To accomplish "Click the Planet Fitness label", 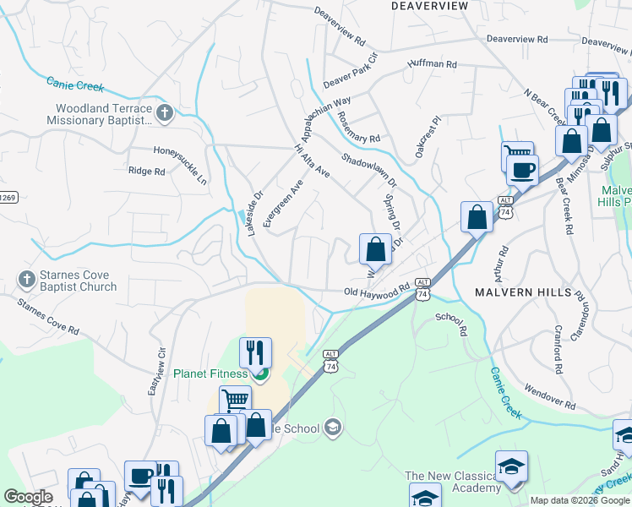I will coord(210,373).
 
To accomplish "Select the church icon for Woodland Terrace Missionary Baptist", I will coord(166,112).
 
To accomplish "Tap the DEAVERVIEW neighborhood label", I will coord(429,6).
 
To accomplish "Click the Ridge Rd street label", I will coord(145,171).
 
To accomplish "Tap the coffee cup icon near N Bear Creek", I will coord(522,170).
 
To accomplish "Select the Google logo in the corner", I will coord(28,498).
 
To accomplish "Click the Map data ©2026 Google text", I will coord(579,500).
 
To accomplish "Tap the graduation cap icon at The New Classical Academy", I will coord(511,466).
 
